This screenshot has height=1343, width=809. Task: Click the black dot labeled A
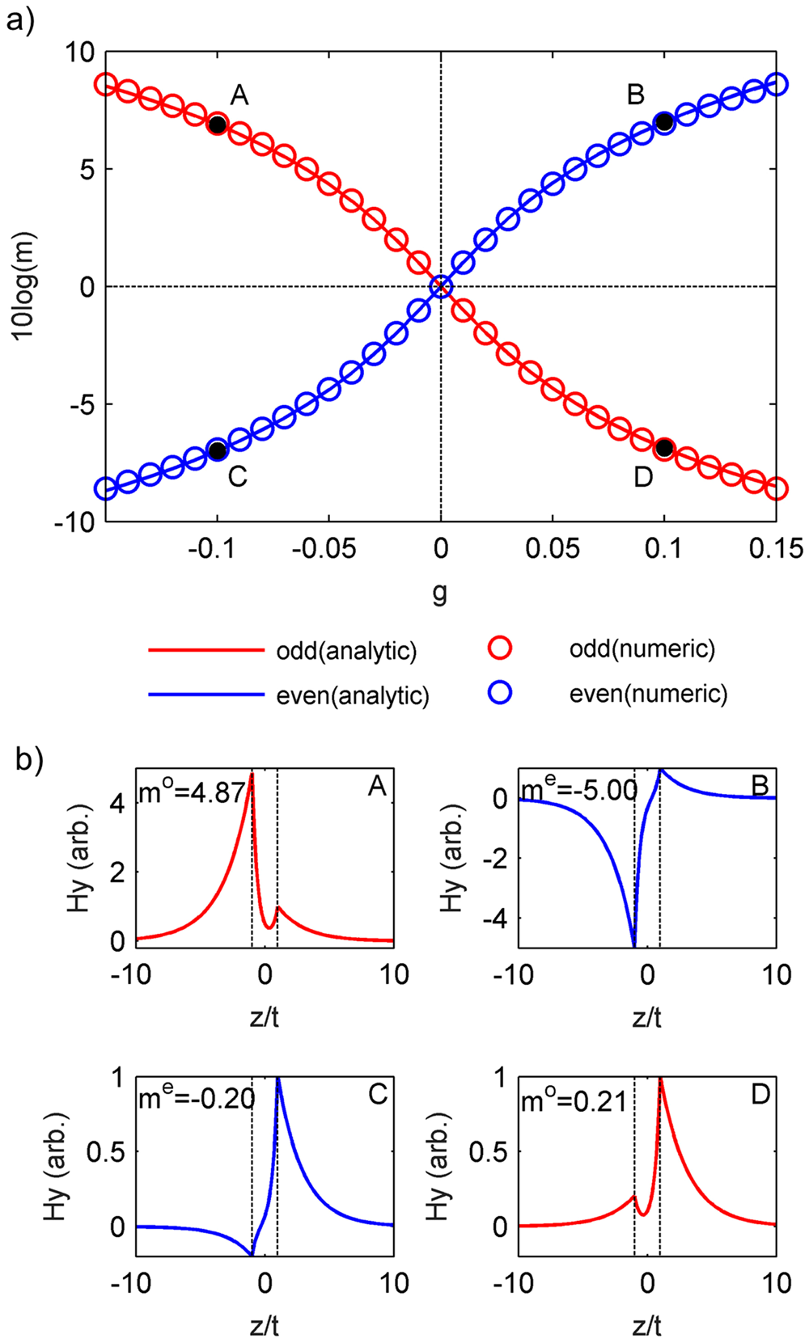(217, 125)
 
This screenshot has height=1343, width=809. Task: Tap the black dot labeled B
(664, 123)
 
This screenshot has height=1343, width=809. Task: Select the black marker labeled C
(217, 450)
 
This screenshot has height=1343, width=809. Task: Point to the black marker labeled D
(664, 447)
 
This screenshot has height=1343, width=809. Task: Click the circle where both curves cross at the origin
(441, 286)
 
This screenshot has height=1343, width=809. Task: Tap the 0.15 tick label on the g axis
(776, 549)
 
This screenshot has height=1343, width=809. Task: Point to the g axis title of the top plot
(440, 594)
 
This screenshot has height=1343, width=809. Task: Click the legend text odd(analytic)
(346, 651)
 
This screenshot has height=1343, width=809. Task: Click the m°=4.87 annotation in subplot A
(192, 792)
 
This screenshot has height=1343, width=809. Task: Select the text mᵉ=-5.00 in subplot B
(578, 789)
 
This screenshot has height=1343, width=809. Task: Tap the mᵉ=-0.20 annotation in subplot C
(197, 1098)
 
